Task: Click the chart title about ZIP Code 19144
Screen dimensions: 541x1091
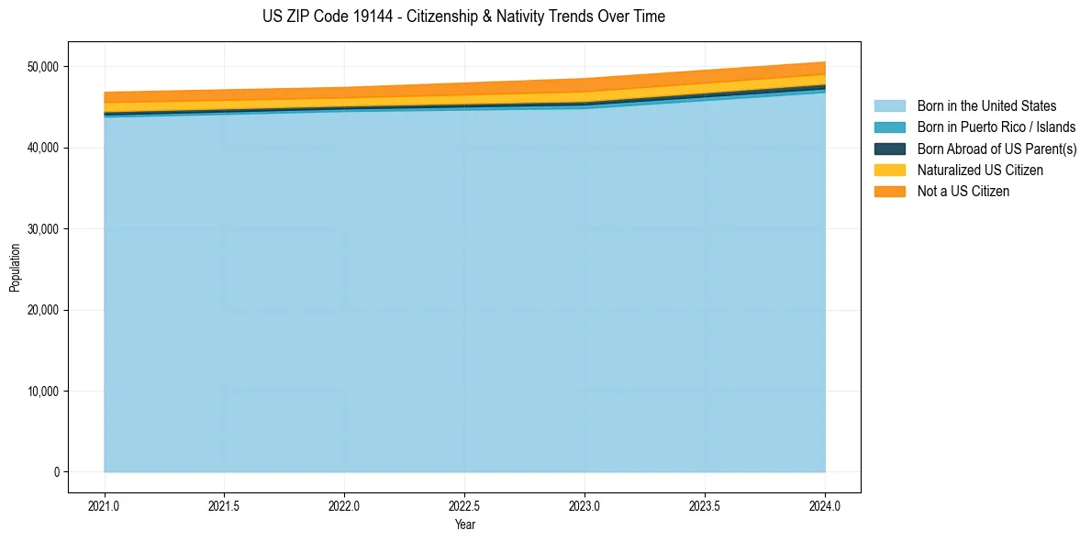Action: (463, 17)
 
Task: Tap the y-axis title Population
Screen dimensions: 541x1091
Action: (15, 268)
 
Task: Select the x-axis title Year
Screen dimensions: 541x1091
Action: (464, 525)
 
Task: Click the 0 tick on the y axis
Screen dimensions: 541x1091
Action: (56, 472)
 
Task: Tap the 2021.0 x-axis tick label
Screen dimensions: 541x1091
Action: (105, 505)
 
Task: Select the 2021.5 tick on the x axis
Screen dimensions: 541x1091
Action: (225, 505)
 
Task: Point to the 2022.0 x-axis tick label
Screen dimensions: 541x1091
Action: (344, 505)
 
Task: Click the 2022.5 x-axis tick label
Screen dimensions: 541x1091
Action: (464, 505)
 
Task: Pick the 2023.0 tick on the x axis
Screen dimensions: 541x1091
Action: (584, 505)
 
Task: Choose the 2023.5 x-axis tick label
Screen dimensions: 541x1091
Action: (705, 505)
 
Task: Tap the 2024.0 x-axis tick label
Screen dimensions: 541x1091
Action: (825, 505)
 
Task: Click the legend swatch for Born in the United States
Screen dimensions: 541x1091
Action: (889, 106)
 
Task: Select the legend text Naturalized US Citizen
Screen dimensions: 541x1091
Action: (980, 171)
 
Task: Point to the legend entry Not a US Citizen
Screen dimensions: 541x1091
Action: (963, 192)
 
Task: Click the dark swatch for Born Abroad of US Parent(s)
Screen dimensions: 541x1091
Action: (889, 149)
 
